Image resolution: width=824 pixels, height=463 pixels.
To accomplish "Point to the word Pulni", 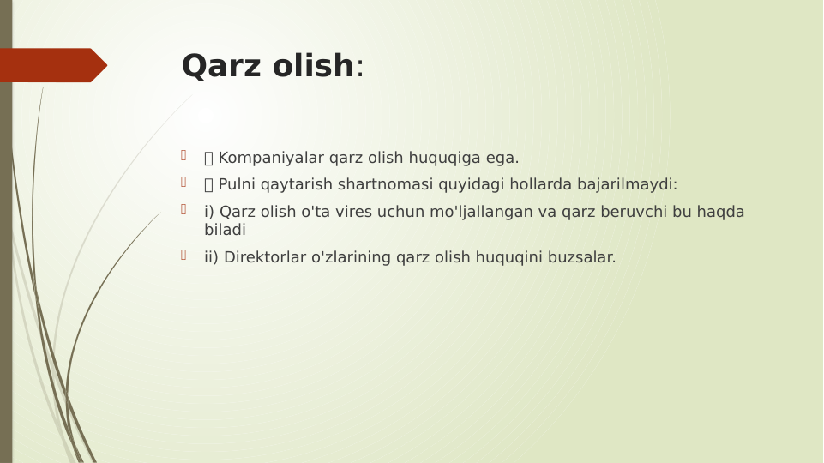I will (x=237, y=184).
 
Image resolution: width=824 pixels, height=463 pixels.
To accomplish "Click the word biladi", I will (x=225, y=230).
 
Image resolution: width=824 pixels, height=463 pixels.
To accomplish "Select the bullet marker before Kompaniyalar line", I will (x=183, y=155).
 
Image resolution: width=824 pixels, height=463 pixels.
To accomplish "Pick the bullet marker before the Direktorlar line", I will (x=183, y=255).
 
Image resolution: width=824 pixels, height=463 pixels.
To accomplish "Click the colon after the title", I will (x=360, y=67).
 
